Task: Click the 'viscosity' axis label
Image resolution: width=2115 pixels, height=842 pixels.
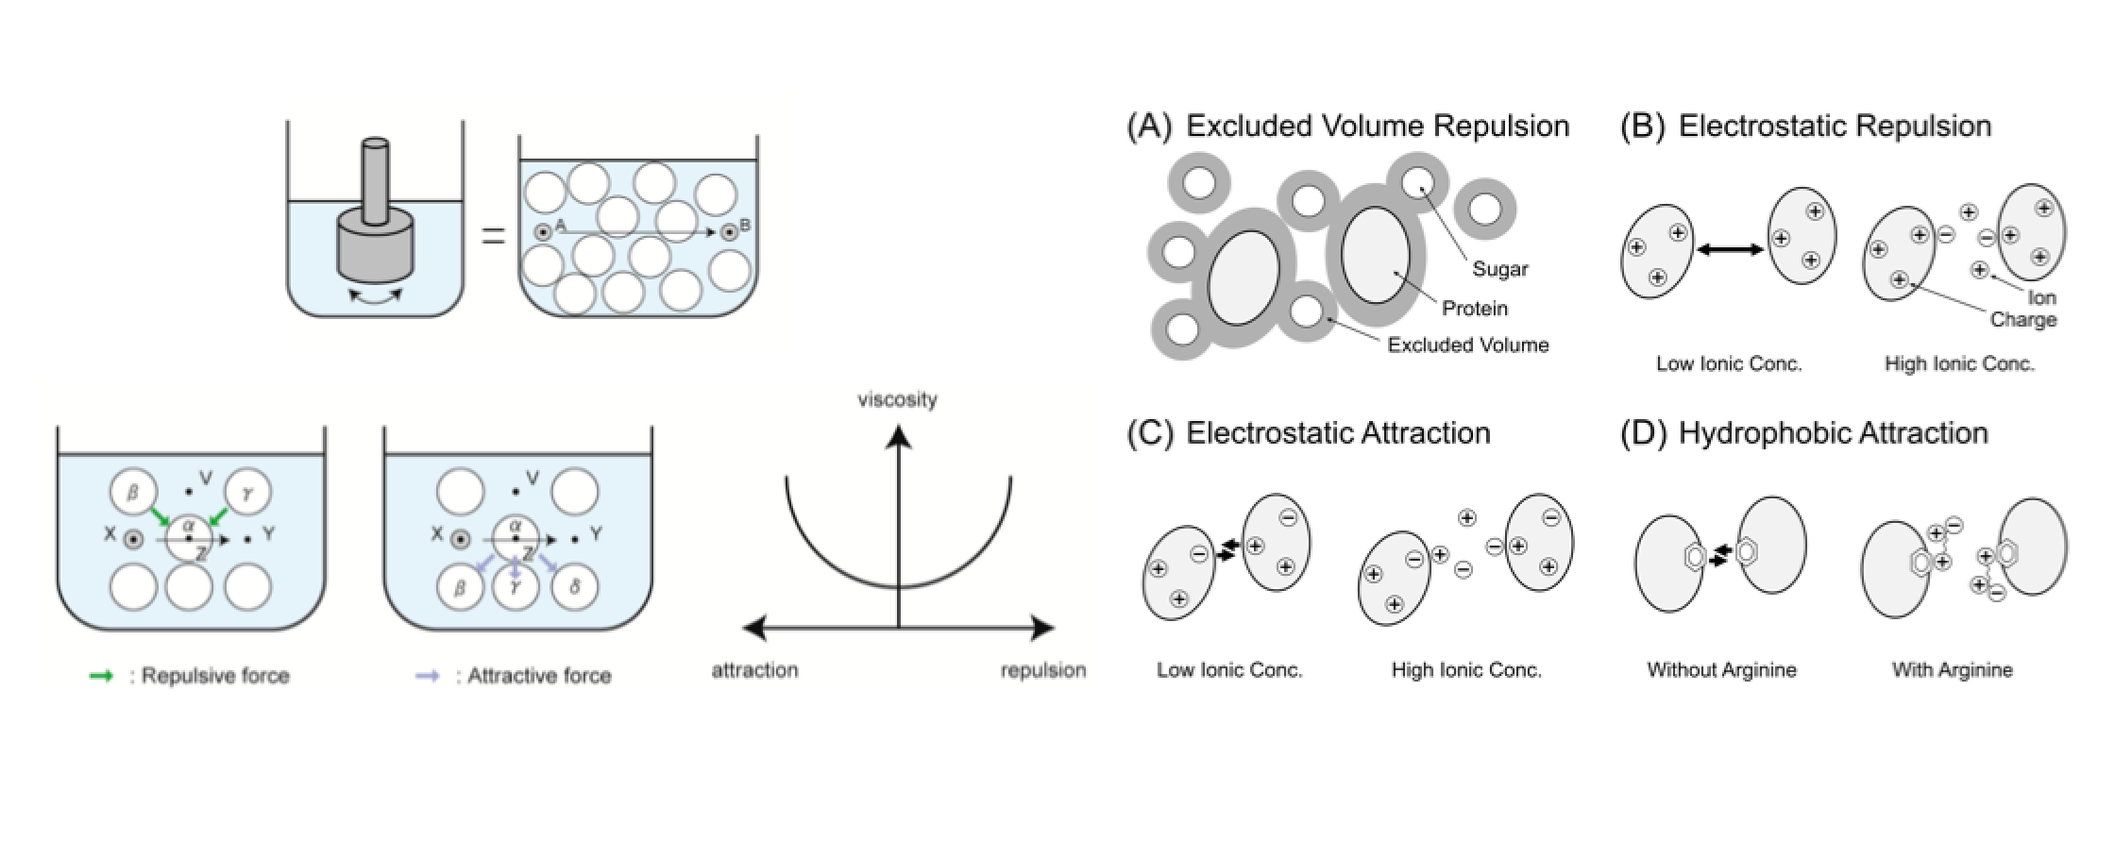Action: click(897, 399)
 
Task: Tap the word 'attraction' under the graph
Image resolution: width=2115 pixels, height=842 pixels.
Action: click(754, 670)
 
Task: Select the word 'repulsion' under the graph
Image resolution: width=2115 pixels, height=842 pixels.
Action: click(1043, 670)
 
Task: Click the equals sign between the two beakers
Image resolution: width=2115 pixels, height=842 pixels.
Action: click(493, 236)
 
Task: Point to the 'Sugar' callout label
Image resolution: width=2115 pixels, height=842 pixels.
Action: click(1499, 269)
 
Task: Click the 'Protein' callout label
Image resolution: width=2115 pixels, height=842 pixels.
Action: click(1475, 309)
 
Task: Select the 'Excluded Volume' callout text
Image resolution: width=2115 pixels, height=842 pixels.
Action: click(1468, 345)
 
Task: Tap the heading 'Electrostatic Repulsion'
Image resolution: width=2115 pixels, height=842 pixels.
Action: click(1835, 126)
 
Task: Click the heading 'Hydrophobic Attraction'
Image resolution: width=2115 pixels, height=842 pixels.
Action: click(1833, 433)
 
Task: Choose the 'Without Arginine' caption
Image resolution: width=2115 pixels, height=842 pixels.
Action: click(1721, 670)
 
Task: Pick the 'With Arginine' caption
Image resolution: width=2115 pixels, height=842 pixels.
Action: click(1952, 670)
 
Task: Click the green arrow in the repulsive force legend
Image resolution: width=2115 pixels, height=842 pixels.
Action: click(101, 676)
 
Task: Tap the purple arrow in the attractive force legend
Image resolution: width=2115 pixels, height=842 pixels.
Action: click(427, 676)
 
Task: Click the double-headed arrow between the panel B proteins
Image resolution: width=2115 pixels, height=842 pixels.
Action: click(1729, 249)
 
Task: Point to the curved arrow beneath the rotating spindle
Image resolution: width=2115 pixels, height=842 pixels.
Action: click(376, 296)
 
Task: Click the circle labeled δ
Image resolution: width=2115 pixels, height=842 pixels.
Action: click(575, 587)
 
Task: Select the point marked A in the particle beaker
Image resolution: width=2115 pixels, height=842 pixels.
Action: click(543, 231)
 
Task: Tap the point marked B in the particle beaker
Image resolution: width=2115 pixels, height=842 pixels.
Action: click(728, 231)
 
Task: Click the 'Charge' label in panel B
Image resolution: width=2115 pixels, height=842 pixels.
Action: click(2022, 320)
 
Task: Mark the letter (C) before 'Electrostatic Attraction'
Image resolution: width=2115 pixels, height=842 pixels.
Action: click(1150, 433)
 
